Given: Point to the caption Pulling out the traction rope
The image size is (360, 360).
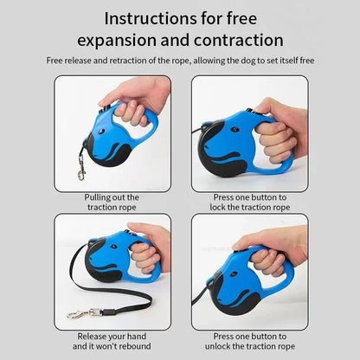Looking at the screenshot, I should (x=112, y=202).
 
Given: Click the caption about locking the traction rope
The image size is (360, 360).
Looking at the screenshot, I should (x=250, y=202).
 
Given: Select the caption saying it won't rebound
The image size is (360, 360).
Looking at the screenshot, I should (x=112, y=340).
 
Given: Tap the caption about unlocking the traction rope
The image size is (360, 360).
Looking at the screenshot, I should (x=250, y=340).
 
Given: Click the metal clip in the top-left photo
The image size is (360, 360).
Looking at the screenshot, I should (x=82, y=174).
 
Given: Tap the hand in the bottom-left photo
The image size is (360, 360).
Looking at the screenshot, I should (x=149, y=247).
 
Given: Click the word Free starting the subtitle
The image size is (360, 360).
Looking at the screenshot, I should (x=56, y=60).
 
